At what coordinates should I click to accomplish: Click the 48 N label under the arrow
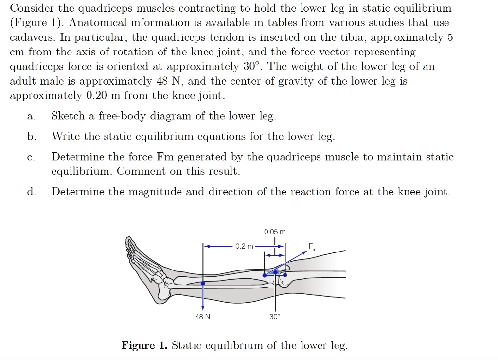click(203, 317)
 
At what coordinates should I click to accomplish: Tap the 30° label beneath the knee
click(275, 317)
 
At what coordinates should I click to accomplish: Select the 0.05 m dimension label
click(275, 232)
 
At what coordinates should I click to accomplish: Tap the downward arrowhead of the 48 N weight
click(203, 306)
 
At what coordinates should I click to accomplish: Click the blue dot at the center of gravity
click(203, 283)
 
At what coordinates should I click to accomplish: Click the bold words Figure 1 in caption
click(144, 346)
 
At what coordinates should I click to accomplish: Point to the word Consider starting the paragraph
click(32, 8)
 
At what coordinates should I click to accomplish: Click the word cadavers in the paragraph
click(30, 37)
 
